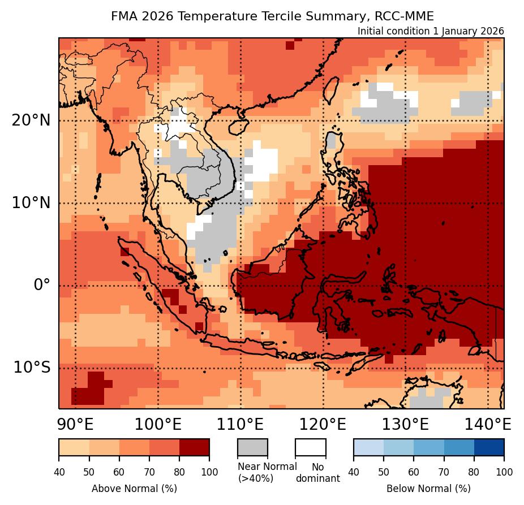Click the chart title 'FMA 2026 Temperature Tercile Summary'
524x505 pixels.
point(272,16)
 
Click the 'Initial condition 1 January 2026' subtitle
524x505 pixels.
point(431,31)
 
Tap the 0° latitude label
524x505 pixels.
point(42,285)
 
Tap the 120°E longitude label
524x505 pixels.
point(323,424)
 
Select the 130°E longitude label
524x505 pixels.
point(405,424)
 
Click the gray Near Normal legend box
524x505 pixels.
point(252,447)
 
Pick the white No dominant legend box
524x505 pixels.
point(311,447)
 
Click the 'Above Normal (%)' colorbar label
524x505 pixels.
point(134,488)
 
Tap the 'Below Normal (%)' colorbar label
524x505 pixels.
point(428,488)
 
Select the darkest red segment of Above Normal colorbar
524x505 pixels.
point(194,447)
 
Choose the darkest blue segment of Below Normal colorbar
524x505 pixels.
point(489,447)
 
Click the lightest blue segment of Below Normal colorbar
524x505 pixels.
point(368,447)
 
